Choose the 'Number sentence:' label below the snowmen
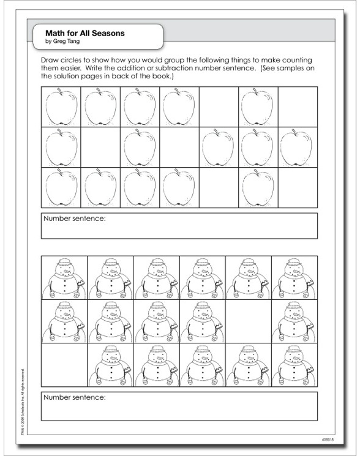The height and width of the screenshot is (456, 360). click(x=75, y=397)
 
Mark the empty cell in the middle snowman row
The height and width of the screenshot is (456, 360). click(x=248, y=321)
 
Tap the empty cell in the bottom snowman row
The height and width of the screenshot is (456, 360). click(x=64, y=366)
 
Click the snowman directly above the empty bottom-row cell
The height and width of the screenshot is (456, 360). click(x=64, y=321)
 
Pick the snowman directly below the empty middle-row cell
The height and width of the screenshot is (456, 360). click(x=248, y=366)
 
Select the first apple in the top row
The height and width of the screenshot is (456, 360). click(x=62, y=107)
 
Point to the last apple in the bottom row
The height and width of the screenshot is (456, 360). click(x=258, y=187)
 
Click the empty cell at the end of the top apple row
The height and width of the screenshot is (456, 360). click(x=297, y=107)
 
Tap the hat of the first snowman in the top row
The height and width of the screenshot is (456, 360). click(x=64, y=263)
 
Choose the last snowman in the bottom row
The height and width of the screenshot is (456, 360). click(x=294, y=366)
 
